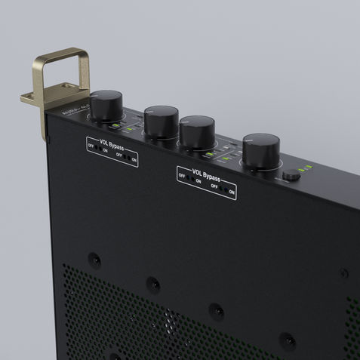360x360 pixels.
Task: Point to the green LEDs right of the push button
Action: click(x=306, y=174)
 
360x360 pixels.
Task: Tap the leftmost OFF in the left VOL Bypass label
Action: click(x=91, y=144)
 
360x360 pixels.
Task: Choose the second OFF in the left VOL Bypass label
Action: click(x=118, y=154)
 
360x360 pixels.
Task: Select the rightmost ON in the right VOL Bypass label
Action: click(x=232, y=193)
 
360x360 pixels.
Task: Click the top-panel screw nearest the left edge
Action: click(x=94, y=259)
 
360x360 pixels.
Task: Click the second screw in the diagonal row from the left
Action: click(x=152, y=284)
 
